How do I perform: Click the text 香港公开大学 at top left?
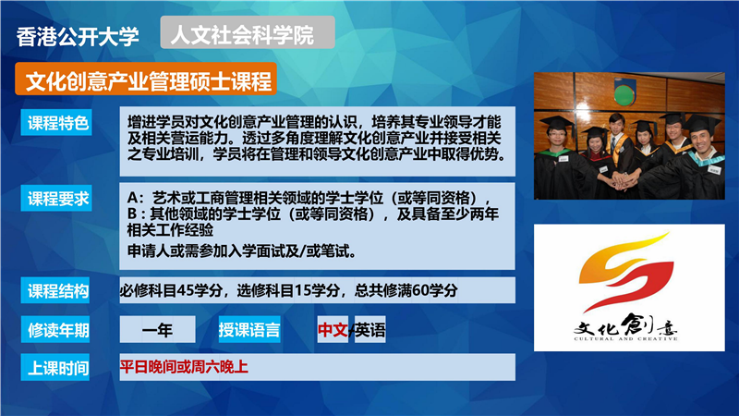coord(78,36)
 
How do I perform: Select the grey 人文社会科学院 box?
coord(248,32)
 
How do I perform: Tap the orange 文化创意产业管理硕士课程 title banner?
coord(146,80)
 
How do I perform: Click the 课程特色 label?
coord(56,123)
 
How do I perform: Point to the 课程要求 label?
coord(56,198)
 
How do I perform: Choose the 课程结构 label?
coord(55,290)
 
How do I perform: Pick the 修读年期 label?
coord(55,330)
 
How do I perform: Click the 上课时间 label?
coord(55,367)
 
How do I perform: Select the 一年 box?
coord(157,330)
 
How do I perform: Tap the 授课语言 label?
coord(249,330)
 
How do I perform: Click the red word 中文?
coord(333,330)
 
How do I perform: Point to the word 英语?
coord(370,330)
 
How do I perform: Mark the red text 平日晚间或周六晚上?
coord(184,366)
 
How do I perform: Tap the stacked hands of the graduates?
coord(623,180)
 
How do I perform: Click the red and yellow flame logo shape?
coord(626,271)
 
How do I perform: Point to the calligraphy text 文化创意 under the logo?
coord(625,325)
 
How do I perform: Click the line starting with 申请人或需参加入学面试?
coord(242,251)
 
